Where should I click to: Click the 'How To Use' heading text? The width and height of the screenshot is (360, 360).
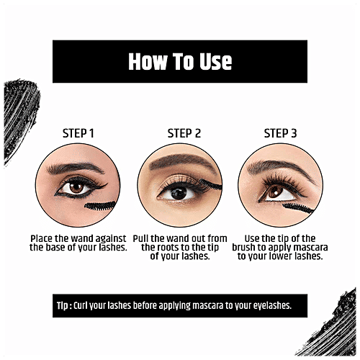click(x=180, y=61)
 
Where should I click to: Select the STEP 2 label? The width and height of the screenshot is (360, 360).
click(x=184, y=133)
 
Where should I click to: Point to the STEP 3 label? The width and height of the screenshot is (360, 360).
click(x=281, y=133)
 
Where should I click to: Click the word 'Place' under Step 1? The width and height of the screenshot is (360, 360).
click(x=42, y=238)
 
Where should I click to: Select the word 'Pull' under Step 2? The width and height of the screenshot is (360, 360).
click(x=154, y=238)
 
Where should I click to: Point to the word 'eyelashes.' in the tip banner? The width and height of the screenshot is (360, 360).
click(x=266, y=305)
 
